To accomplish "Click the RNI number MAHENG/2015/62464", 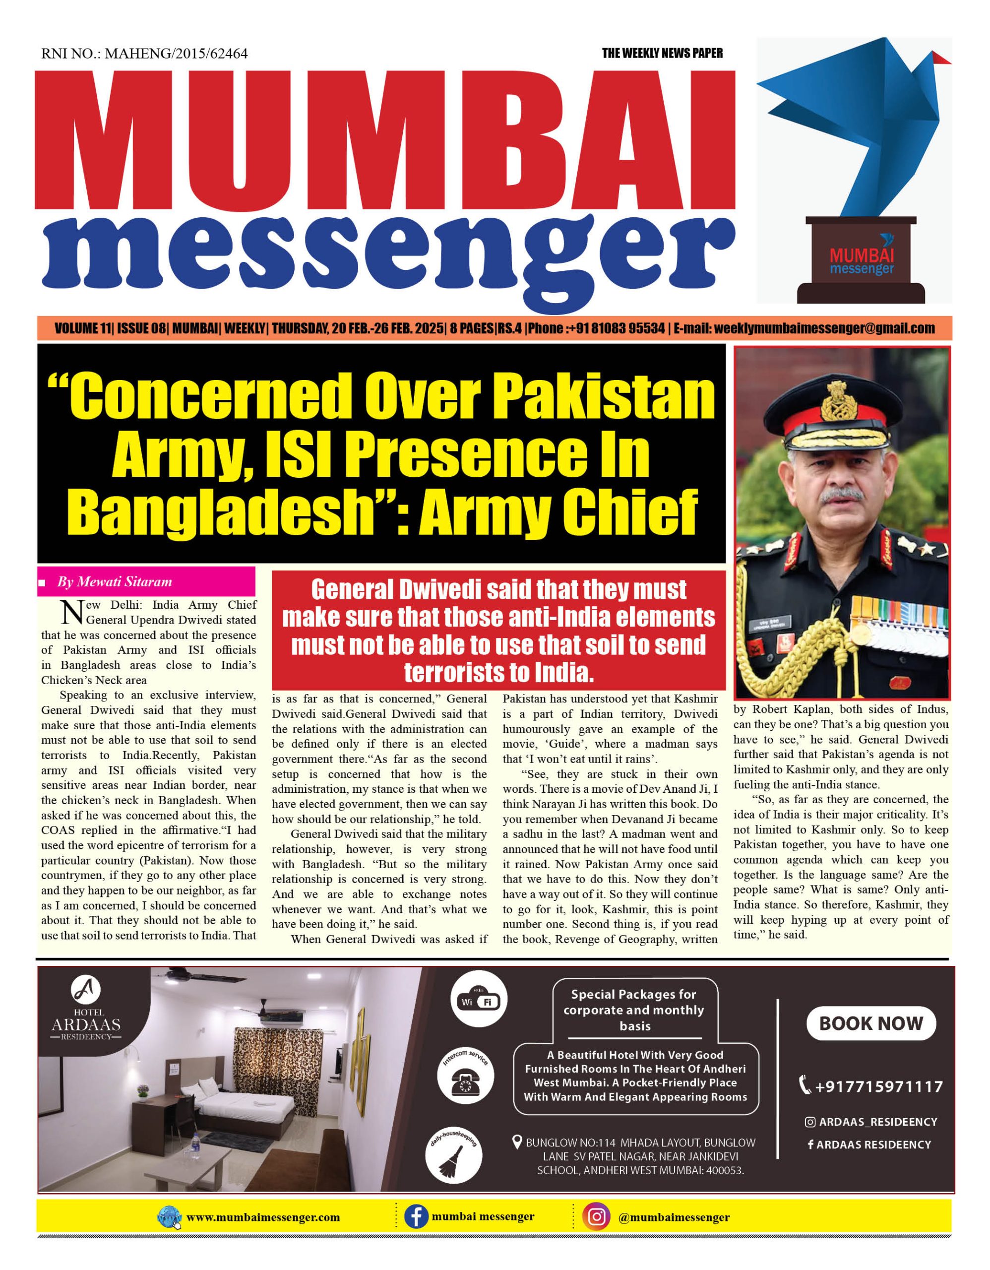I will point(145,54).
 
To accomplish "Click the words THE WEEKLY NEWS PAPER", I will point(662,54).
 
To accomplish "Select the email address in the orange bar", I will point(824,328).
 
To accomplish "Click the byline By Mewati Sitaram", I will point(114,581).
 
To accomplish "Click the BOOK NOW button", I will point(870,1023).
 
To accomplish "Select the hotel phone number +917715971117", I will point(878,1086).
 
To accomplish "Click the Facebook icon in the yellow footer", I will point(416,1216).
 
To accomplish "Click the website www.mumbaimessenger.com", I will point(263,1217).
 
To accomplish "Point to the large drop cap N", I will point(73,612).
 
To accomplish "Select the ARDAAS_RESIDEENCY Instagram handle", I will point(877,1122).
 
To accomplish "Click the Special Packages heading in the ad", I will point(634,1010).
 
